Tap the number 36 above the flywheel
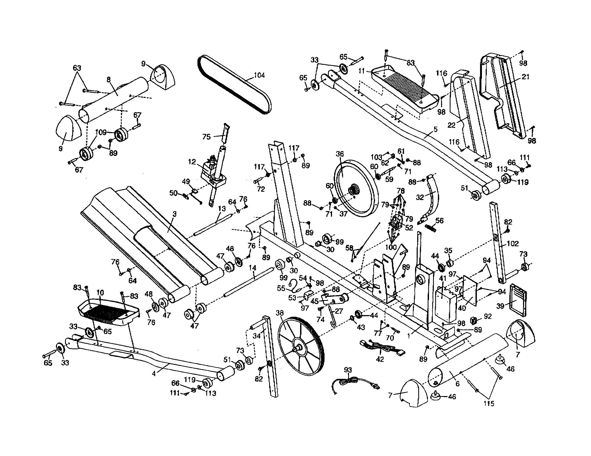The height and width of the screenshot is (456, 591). coord(340,154)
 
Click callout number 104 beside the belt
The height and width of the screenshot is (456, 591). coord(259,75)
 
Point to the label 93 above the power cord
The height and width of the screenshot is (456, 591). coord(348,370)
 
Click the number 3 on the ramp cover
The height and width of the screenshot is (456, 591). coord(175,214)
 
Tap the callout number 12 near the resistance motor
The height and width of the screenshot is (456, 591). coord(192,162)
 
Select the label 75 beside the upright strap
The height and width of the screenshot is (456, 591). coord(207,137)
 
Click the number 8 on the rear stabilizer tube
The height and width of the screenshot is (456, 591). coord(109,79)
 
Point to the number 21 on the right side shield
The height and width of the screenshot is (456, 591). coord(525,77)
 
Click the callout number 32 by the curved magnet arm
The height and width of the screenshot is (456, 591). coord(420,197)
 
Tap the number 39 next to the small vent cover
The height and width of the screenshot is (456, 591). coord(501,306)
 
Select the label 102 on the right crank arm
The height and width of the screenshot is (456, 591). coord(512,244)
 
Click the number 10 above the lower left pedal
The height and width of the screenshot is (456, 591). coord(100,293)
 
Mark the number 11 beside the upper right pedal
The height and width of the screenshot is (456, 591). coord(362,71)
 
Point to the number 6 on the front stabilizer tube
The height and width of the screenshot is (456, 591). coord(457,384)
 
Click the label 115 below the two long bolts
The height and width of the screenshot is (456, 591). coord(489,404)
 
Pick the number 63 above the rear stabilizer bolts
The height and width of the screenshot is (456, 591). coord(77,68)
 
